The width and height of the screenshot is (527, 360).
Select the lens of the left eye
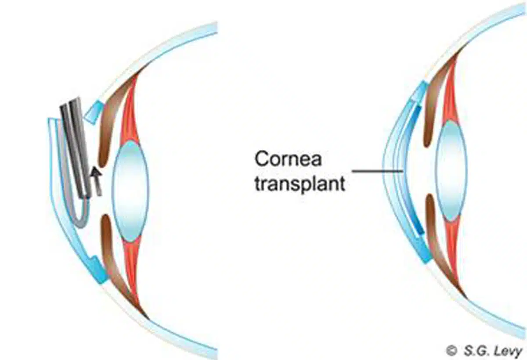pyautogui.click(x=130, y=191)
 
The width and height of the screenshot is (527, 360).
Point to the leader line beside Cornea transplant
pyautogui.click(x=378, y=170)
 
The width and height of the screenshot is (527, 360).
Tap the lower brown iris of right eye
pyautogui.click(x=435, y=228)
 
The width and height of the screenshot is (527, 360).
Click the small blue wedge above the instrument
pyautogui.click(x=93, y=113)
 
